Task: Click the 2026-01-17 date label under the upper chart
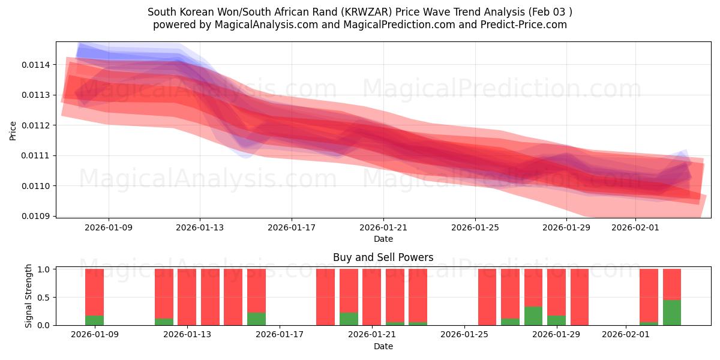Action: coord(292,227)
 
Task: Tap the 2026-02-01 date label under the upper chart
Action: coord(635,227)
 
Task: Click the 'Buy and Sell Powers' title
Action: coord(383,257)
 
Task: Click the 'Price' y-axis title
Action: coord(13,130)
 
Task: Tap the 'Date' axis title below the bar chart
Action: coord(383,346)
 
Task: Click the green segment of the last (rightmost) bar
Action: coord(672,313)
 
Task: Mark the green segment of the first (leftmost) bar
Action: coord(94,320)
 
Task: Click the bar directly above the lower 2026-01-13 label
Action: coord(187,297)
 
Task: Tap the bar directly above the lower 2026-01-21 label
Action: coord(371,297)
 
